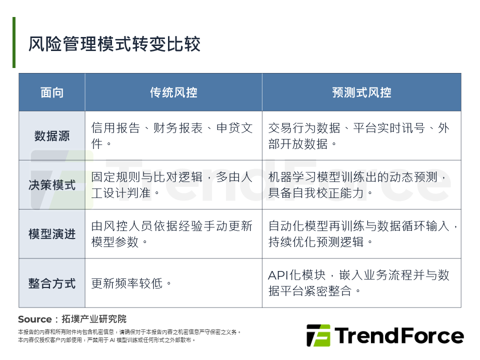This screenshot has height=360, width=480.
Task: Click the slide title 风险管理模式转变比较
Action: pos(114,44)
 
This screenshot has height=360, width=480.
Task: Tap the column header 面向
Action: pos(52,92)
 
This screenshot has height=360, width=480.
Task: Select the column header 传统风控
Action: pos(173,92)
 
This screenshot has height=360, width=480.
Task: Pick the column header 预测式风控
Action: pos(361,92)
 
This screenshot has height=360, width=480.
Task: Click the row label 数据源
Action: pos(52,136)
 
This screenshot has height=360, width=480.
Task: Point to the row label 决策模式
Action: pos(52,185)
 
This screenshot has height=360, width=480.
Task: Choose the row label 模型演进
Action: pos(52,234)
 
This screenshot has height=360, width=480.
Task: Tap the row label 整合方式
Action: pos(52,283)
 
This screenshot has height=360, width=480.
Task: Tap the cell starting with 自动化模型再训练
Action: pos(361,234)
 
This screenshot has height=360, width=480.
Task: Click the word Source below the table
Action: pos(34,319)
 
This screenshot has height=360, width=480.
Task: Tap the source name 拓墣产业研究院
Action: pos(94,319)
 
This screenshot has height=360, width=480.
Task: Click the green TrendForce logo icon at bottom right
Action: pos(318,335)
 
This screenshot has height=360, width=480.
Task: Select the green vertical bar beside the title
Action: pos(14,42)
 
